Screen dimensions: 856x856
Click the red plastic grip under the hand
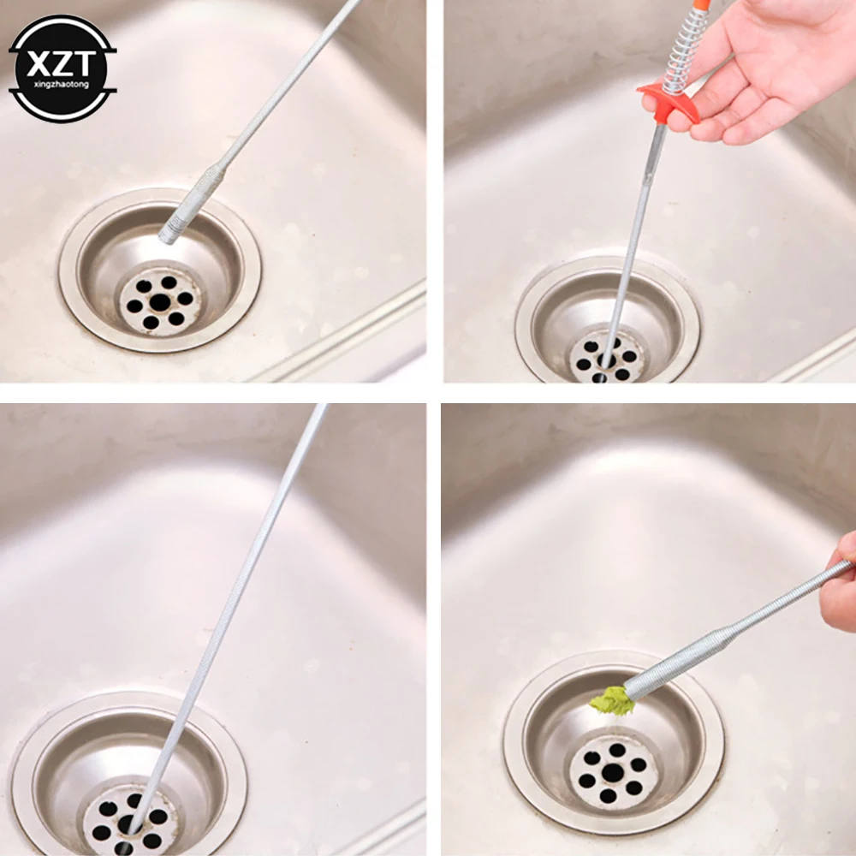click(x=663, y=95)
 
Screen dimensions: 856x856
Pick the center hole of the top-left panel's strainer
click(x=160, y=301)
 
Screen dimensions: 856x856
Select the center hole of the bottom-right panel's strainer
click(x=613, y=773)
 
